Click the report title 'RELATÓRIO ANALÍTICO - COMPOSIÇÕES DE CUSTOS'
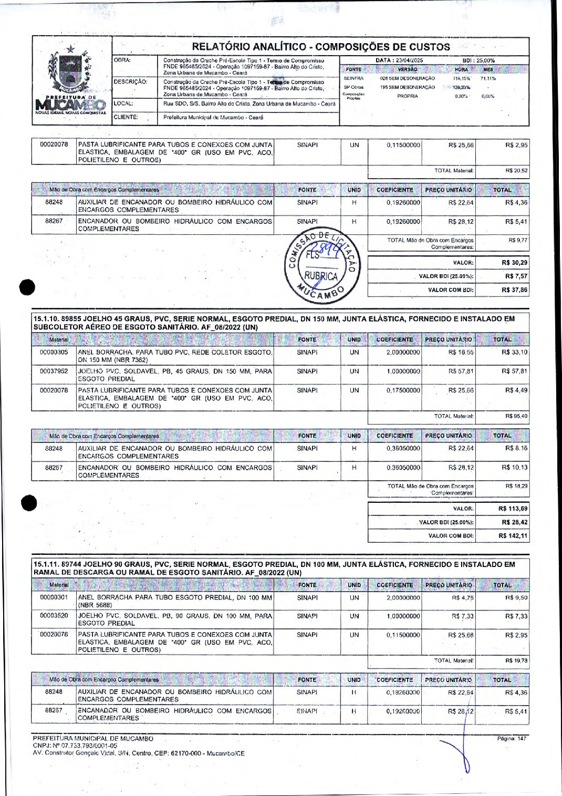pyautogui.click(x=321, y=47)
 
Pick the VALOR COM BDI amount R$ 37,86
pyautogui.click(x=514, y=290)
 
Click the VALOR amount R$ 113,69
pyautogui.click(x=513, y=509)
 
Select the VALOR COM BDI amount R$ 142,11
pyautogui.click(x=513, y=536)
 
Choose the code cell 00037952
pyautogui.click(x=54, y=371)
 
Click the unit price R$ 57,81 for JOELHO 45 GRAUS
pyautogui.click(x=461, y=371)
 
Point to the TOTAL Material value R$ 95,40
pyautogui.click(x=516, y=416)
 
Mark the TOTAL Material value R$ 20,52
pyautogui.click(x=516, y=171)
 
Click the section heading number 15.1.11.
pyautogui.click(x=46, y=564)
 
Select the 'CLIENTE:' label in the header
pyautogui.click(x=126, y=118)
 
